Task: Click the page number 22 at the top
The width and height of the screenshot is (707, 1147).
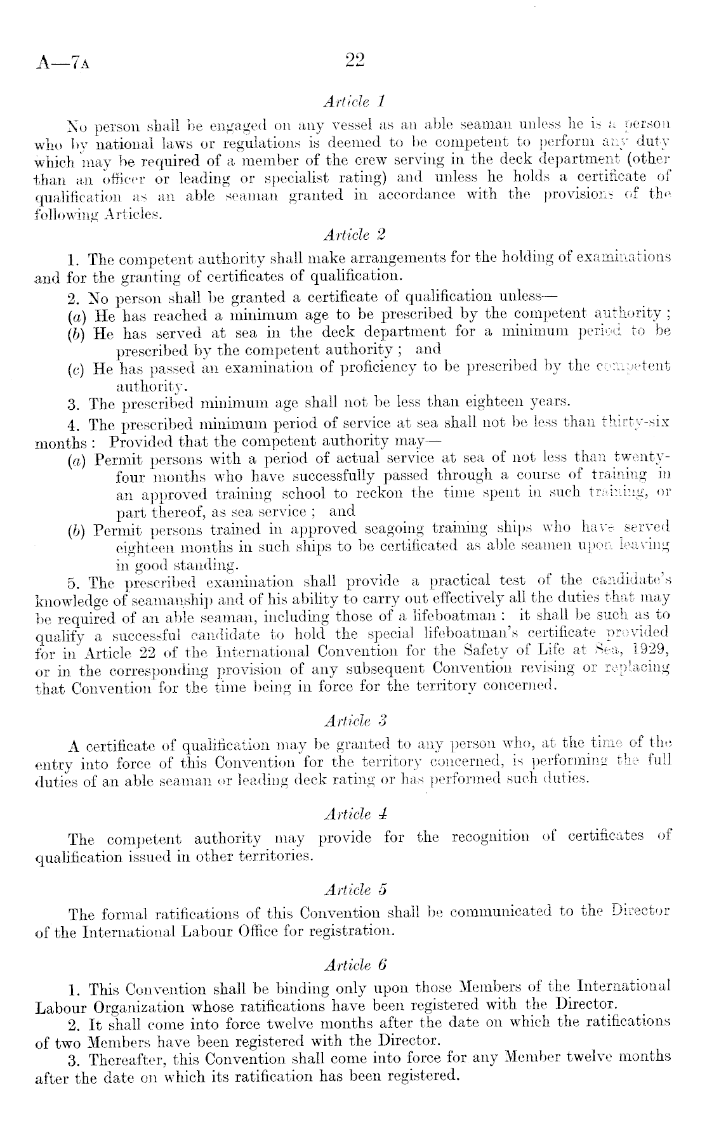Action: point(354,60)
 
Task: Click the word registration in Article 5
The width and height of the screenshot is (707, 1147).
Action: point(356,932)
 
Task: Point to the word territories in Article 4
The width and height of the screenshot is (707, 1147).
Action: point(274,857)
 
